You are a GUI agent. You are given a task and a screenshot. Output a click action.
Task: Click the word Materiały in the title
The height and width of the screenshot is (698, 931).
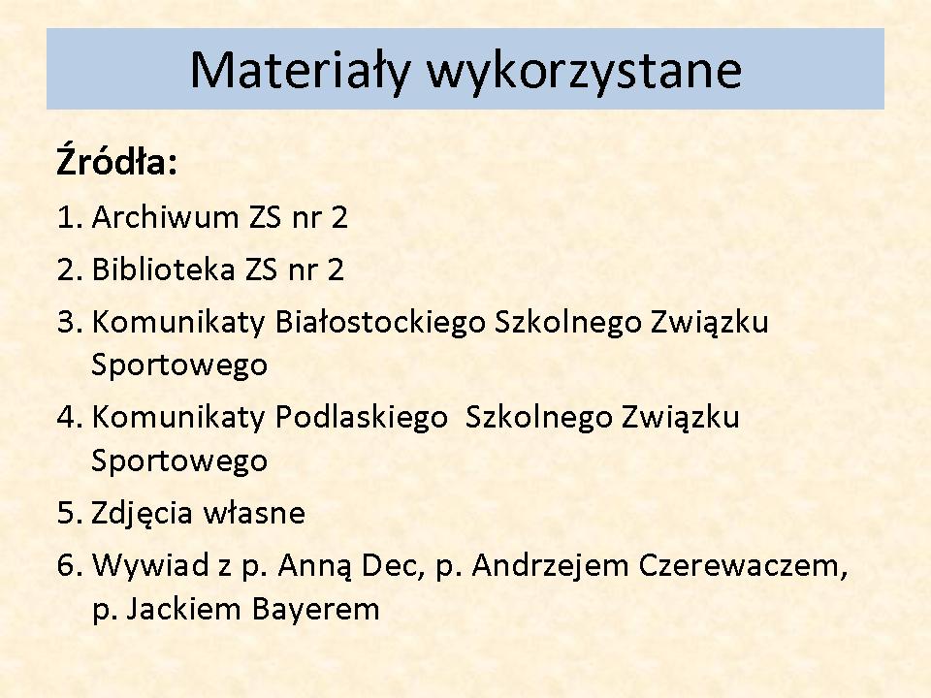click(300, 71)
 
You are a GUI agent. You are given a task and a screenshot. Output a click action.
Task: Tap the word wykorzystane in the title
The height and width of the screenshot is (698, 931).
click(585, 71)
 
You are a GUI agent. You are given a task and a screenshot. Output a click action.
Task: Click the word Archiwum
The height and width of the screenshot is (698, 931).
click(165, 216)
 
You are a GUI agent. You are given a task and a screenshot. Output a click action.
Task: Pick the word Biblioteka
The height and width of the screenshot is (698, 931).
click(164, 270)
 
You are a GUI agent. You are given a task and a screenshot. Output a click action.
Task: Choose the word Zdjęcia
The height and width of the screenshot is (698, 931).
click(143, 515)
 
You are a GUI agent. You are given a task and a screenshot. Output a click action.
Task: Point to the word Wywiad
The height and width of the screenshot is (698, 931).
click(151, 565)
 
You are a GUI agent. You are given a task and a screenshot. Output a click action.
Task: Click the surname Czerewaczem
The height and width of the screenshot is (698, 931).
click(743, 566)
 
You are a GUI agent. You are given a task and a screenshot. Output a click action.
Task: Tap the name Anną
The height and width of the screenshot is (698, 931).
click(314, 566)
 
